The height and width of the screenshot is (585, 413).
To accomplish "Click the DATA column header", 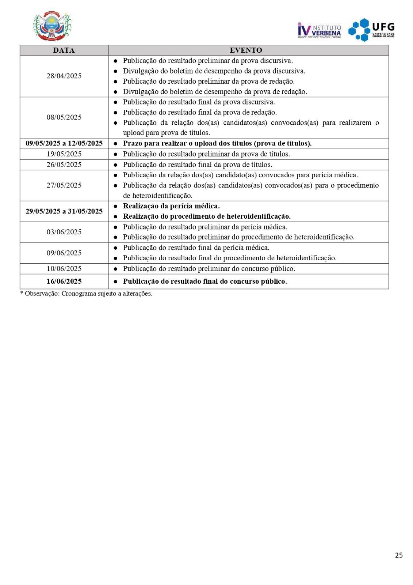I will (64, 50).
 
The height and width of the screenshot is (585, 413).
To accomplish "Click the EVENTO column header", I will (246, 50).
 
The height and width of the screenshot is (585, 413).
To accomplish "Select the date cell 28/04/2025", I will (64, 76).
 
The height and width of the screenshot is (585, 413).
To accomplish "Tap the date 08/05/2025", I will (64, 117).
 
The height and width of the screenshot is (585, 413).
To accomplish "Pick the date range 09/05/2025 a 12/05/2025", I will (64, 143).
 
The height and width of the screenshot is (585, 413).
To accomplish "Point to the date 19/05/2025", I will (64, 154).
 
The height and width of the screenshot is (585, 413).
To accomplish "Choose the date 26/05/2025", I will (64, 165).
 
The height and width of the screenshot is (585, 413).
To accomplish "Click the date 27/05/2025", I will (64, 185).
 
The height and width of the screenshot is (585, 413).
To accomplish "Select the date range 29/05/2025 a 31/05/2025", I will (64, 211).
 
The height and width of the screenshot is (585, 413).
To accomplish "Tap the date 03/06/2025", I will (64, 232).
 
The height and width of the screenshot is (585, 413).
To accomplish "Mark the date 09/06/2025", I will (64, 253).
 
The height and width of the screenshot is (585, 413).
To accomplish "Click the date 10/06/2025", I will (64, 269).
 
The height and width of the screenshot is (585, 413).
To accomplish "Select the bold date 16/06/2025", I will (64, 281).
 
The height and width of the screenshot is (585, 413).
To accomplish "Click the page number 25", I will (399, 555).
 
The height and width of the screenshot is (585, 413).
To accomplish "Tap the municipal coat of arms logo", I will (52, 26).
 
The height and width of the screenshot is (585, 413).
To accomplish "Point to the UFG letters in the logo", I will (383, 27).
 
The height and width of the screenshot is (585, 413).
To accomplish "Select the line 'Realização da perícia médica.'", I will (171, 206).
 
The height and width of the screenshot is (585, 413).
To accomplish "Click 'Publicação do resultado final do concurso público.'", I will (205, 281).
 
